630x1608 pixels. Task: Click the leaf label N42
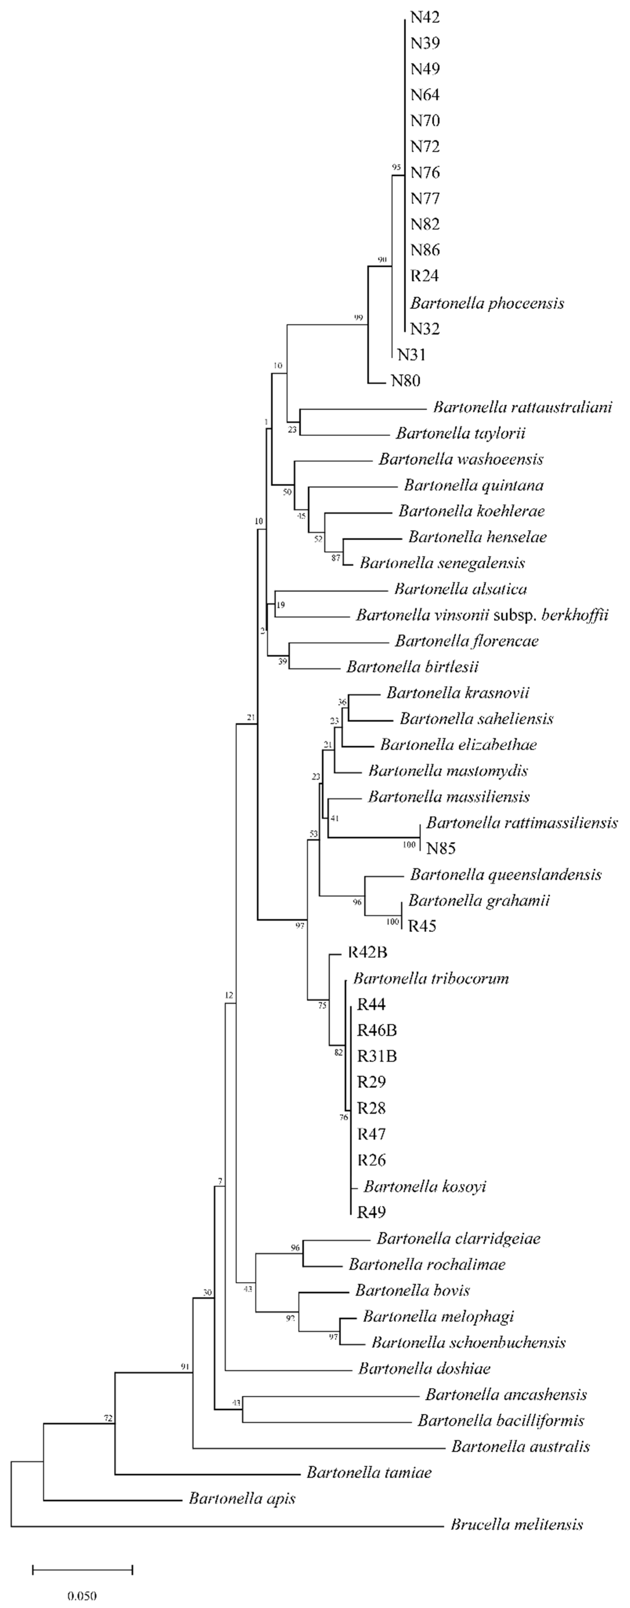[x=425, y=18]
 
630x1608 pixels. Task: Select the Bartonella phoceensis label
[x=487, y=303]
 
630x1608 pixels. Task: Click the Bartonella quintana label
[x=474, y=485]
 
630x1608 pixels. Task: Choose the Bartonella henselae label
[x=477, y=537]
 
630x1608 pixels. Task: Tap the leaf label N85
[x=441, y=848]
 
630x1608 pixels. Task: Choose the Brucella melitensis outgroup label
[x=516, y=1524]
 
